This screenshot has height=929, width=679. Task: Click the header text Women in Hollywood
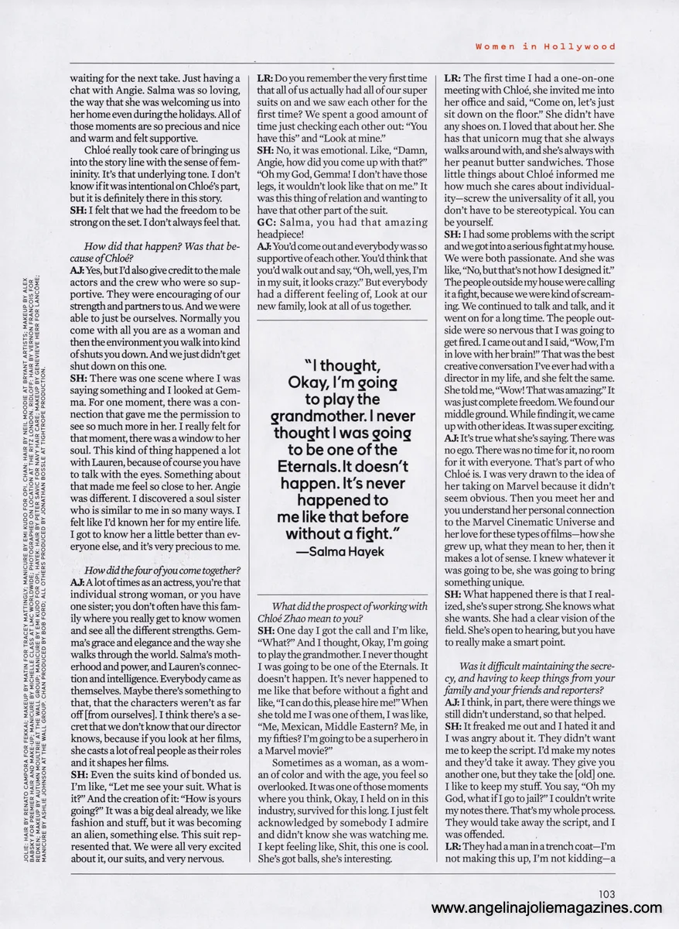(x=545, y=46)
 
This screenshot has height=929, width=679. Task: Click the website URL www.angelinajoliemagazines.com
(x=547, y=908)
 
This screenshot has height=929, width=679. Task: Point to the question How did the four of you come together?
(x=165, y=571)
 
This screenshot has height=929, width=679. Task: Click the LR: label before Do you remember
(x=265, y=79)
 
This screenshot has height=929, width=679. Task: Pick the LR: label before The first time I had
(x=452, y=79)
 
